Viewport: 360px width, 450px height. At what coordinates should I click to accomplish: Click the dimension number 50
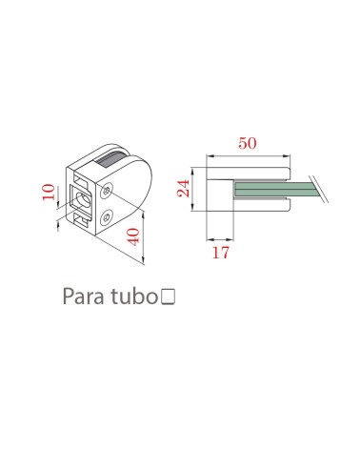coord(248,143)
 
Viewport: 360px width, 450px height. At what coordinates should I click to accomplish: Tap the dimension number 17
coord(220,254)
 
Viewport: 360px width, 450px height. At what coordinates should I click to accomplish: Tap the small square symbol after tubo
coord(169,298)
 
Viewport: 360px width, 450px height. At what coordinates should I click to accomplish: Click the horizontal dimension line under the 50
coord(248,154)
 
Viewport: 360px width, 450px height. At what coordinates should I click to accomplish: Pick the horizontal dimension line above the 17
coord(221,239)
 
